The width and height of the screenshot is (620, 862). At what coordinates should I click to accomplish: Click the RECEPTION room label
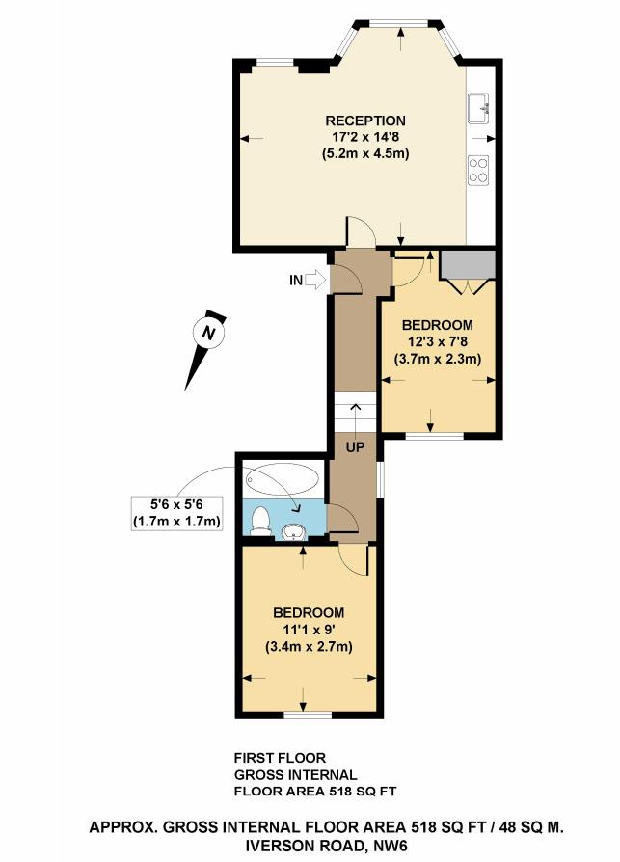pos(365,121)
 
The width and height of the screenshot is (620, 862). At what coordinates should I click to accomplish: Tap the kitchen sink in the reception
pos(478,108)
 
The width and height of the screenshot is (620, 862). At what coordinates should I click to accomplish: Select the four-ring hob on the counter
pos(478,170)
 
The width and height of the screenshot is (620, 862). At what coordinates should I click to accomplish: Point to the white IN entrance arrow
pos(315,280)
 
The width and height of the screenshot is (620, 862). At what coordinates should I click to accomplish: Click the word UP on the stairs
pos(355,447)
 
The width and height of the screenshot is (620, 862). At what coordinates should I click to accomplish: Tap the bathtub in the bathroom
pos(282,480)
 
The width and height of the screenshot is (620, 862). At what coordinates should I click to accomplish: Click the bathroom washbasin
pos(294,531)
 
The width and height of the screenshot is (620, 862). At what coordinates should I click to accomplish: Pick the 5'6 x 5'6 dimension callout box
pos(177,513)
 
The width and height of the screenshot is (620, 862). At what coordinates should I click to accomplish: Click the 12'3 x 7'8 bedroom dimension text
pos(438,341)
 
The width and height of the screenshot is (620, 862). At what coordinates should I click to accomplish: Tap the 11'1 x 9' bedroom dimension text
pos(309,630)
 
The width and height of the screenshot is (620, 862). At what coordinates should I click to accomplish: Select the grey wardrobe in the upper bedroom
pos(468,265)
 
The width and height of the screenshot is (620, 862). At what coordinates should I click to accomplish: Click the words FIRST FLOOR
pos(280,758)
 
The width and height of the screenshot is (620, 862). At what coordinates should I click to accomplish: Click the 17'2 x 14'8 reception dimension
pos(365,137)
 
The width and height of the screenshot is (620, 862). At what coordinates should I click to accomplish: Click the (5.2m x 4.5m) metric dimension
pos(365,153)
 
